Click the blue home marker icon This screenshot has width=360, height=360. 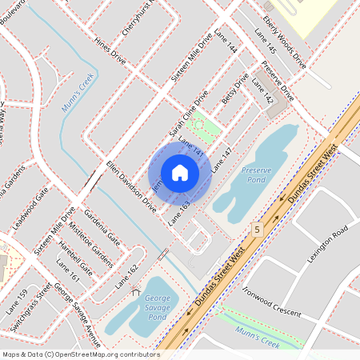tap(180, 172)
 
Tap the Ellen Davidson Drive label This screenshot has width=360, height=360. tap(131, 185)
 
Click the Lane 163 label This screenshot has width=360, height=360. tap(180, 213)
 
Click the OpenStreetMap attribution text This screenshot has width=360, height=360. tap(80, 354)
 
